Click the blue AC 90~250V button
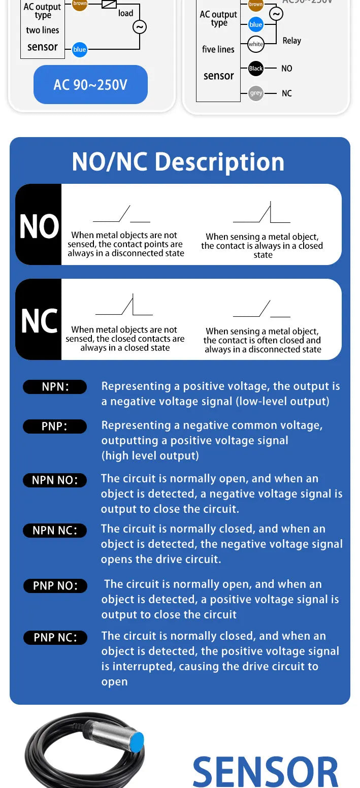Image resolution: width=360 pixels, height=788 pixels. coord(90,84)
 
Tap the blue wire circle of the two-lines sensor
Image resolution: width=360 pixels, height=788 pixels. coord(80,49)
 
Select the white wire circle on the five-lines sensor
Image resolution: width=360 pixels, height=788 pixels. coord(255,44)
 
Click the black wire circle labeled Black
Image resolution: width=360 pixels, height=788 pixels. coord(256,68)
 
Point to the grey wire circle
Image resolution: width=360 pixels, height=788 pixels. coord(256,93)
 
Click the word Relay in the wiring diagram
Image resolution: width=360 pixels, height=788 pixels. coord(292,41)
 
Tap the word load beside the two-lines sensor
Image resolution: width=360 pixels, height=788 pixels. coord(125,13)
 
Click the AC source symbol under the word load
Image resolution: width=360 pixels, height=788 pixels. coord(139,27)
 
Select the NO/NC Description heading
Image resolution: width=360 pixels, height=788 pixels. coord(178,162)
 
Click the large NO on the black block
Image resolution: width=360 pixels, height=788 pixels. coord(39,226)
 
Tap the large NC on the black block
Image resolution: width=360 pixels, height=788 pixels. coord(39,321)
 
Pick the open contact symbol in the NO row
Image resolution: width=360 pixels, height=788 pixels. coord(121,214)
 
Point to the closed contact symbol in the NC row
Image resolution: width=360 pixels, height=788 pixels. coord(124,304)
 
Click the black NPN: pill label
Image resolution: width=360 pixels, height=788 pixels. coord(55,386)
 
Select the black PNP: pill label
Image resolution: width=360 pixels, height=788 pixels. coord(55,426)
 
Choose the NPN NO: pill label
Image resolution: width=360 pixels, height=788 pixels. coord(55,480)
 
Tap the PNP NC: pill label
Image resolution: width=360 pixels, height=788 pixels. coord(55,637)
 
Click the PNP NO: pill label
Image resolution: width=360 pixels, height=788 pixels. coord(55,586)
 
